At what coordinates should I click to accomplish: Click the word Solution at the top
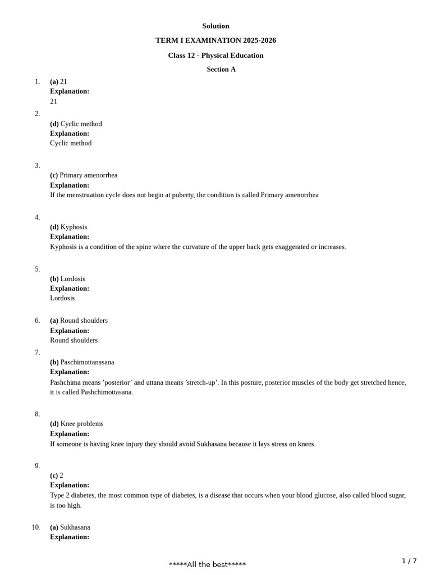[215, 26]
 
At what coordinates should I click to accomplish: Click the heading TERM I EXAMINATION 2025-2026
[215, 40]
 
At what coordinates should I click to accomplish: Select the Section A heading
[221, 70]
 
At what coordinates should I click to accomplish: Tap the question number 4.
[38, 217]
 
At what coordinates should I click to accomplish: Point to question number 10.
[36, 527]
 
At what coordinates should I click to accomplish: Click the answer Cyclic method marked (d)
[76, 124]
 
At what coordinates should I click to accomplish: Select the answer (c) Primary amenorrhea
[84, 175]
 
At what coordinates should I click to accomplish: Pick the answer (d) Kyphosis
[68, 227]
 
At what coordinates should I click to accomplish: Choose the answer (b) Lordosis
[67, 279]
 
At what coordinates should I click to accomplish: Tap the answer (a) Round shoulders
[79, 321]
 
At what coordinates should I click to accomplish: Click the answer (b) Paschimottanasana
[82, 362]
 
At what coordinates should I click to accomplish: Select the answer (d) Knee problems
[76, 424]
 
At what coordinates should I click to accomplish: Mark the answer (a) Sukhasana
[70, 527]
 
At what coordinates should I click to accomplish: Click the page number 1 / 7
[409, 561]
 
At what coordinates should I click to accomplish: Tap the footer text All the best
[207, 564]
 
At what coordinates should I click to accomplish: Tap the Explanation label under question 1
[70, 91]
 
